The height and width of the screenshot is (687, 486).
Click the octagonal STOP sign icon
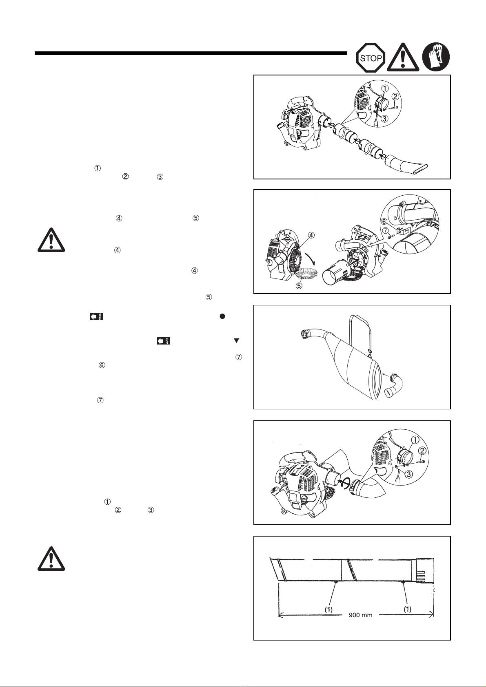coord(371,58)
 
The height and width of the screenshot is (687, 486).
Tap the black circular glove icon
coord(436,57)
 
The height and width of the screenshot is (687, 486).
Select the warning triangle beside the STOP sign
coord(403,58)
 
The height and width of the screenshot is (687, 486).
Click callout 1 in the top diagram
coord(385,88)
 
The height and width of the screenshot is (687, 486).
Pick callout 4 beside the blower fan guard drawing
coord(311,235)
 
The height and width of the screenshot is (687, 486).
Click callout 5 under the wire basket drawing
coord(299,285)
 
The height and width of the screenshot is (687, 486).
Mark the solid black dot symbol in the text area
coord(222,316)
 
